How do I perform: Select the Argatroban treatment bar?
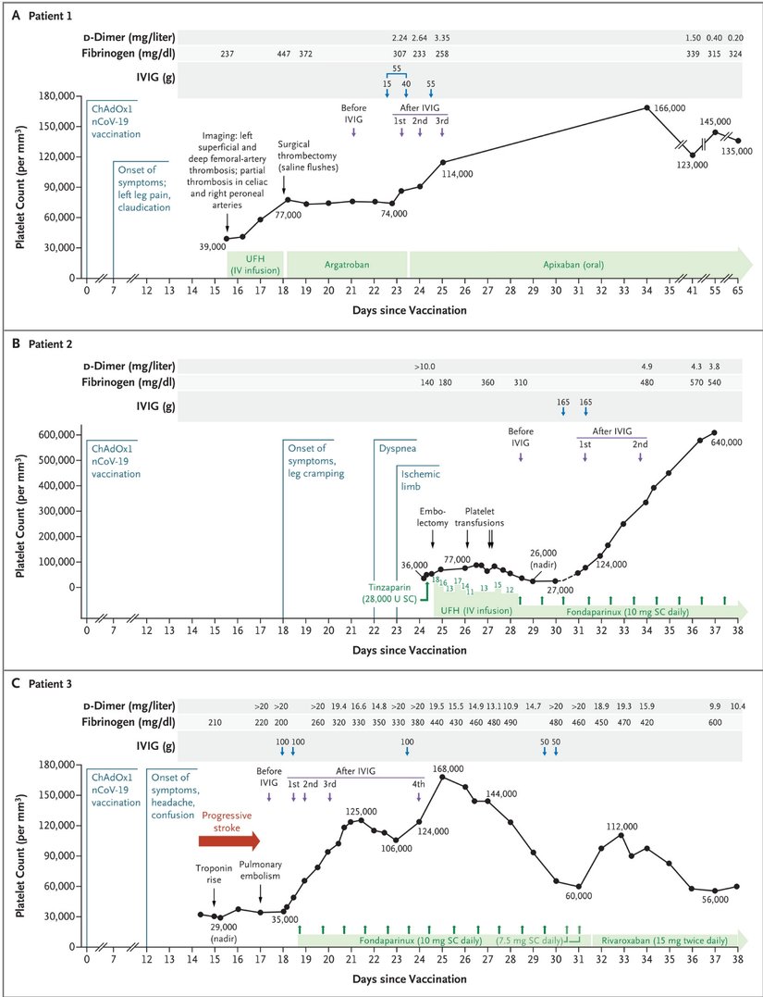347,264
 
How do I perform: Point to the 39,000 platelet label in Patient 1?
212,247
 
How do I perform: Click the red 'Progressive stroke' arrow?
229,838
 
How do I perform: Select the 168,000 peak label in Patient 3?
447,768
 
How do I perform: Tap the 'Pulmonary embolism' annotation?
262,872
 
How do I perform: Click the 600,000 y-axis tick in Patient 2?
49,434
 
